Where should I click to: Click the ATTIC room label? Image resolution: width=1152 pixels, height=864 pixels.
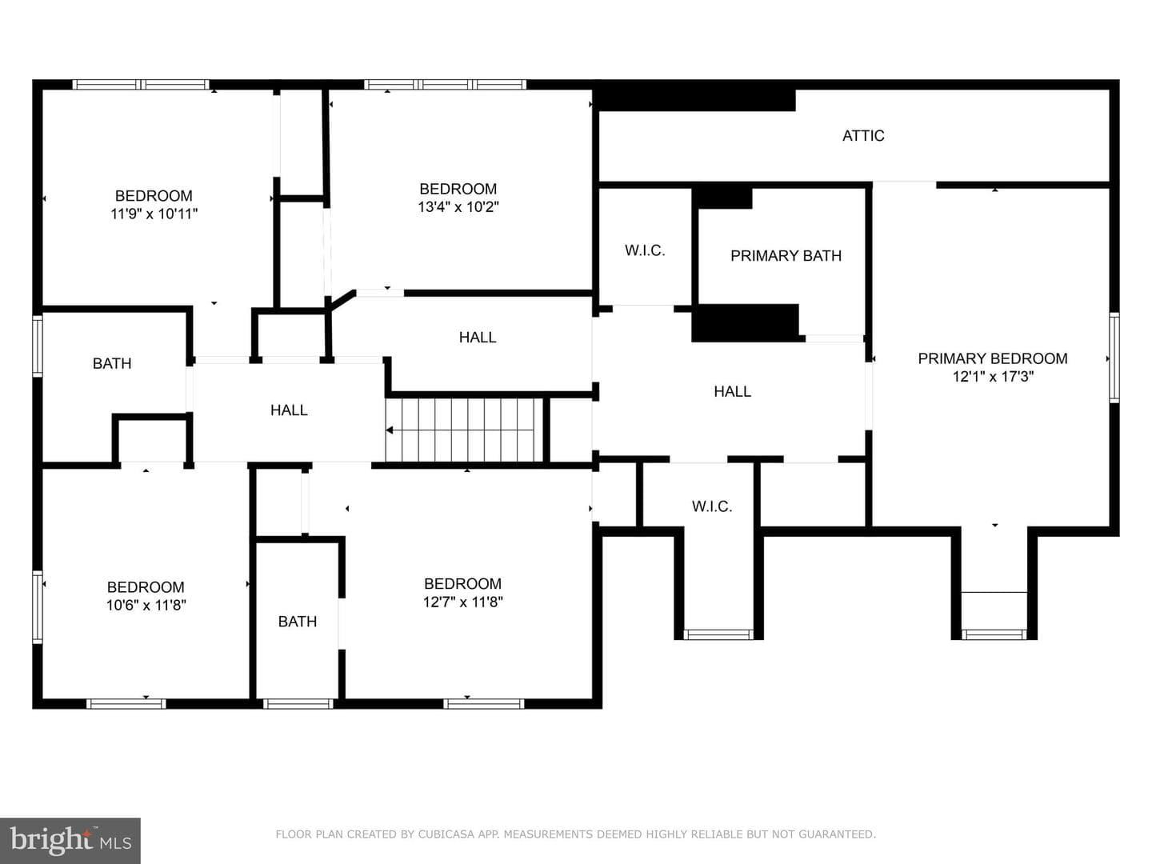(863, 136)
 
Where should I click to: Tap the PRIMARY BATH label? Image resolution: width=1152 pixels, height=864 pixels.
(786, 256)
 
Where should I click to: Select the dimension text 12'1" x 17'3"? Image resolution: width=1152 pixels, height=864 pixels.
(993, 377)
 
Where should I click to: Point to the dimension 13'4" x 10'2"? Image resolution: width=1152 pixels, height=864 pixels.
(458, 206)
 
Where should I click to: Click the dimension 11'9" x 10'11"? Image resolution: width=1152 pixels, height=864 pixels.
(154, 214)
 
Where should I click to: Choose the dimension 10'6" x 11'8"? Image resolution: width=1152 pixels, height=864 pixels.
(146, 605)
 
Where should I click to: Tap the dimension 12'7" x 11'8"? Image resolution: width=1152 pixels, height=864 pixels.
(463, 602)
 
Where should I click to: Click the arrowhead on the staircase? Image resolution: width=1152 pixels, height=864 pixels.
(390, 430)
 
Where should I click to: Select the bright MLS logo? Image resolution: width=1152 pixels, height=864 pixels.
(70, 840)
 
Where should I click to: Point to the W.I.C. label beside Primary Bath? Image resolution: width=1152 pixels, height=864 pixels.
(645, 250)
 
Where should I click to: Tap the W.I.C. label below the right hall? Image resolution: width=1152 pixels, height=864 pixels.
(712, 506)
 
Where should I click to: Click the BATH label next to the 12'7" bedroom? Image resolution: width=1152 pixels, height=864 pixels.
(298, 622)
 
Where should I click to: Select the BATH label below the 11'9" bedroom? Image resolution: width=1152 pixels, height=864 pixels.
(112, 363)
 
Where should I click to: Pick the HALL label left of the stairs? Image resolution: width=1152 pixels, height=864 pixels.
(289, 410)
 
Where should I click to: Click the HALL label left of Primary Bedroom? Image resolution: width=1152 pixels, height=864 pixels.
(732, 391)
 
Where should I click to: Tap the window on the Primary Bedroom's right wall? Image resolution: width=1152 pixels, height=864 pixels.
(1114, 358)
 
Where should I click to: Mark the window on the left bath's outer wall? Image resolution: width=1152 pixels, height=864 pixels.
(38, 346)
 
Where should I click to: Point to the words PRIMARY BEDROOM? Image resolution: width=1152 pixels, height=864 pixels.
(993, 359)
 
